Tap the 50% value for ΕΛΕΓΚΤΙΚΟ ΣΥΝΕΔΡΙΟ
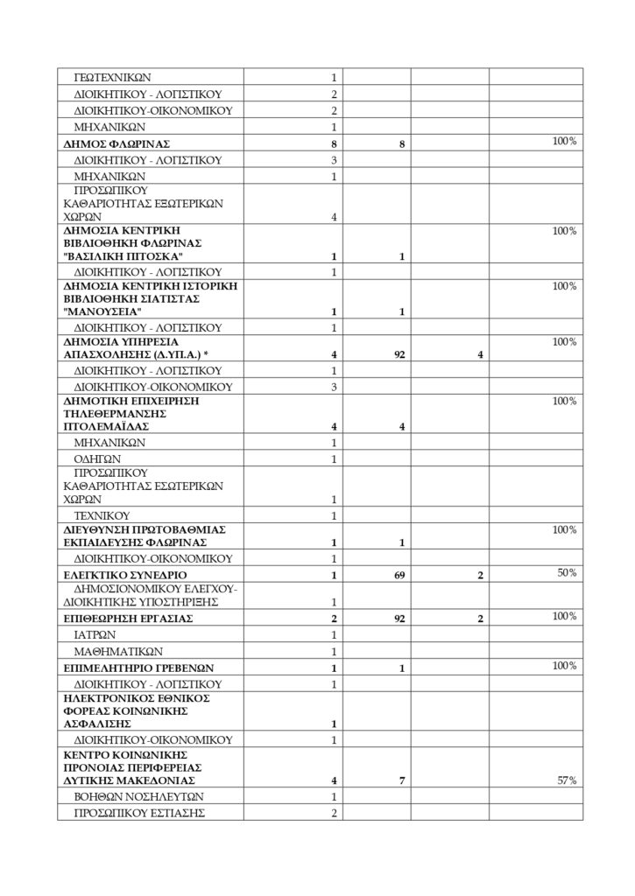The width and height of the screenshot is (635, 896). point(566,572)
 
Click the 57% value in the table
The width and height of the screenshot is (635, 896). point(566,780)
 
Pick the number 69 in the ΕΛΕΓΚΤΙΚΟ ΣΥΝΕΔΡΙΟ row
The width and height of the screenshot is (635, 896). point(400,575)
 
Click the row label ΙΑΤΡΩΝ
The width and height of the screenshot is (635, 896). point(97,634)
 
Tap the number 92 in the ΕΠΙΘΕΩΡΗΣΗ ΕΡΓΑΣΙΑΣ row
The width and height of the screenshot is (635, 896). point(400,618)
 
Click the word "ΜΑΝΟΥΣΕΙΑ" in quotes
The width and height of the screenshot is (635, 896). point(102,311)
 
